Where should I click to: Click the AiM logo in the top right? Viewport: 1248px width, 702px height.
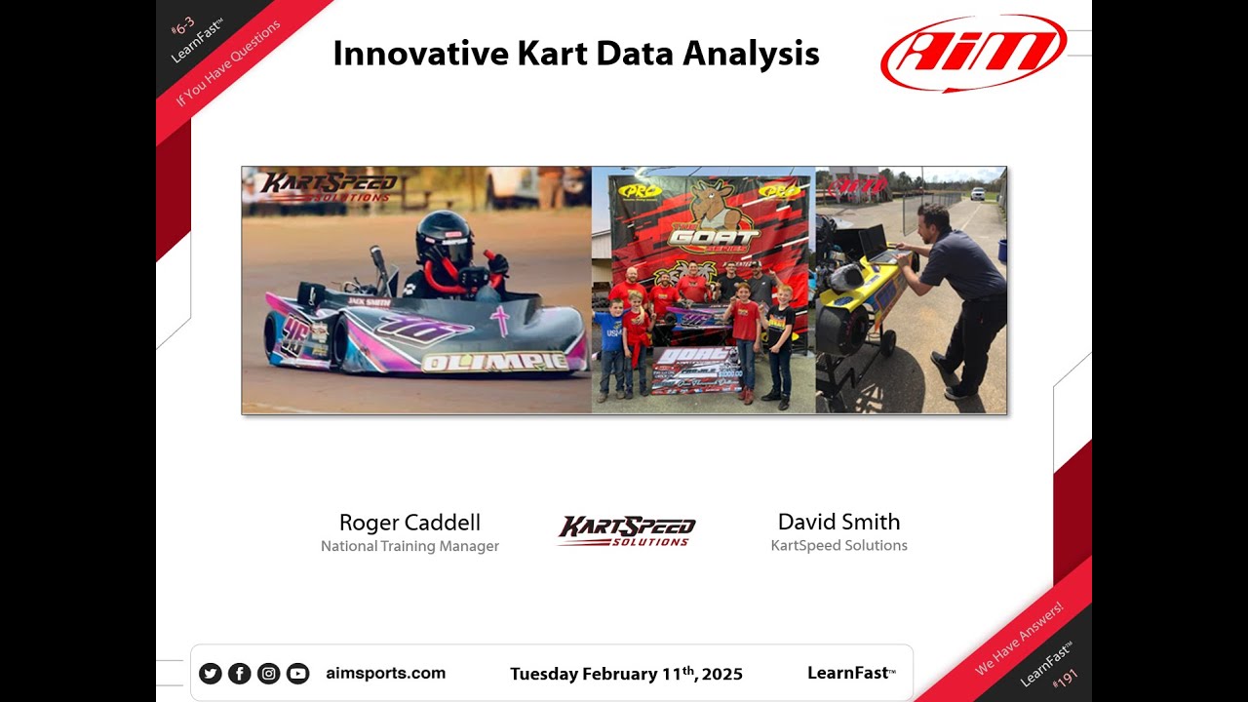[x=973, y=53]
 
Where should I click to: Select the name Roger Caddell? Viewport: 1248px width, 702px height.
[x=409, y=522]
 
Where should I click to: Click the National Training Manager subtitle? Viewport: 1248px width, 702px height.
[x=409, y=546]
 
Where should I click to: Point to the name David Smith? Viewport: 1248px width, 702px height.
[x=838, y=522]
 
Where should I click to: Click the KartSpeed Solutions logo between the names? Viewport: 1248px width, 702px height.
[x=626, y=530]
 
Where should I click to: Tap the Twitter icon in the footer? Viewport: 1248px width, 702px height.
[x=210, y=673]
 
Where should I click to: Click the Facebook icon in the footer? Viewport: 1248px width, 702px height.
[x=239, y=673]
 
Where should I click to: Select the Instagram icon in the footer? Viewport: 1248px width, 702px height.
[x=268, y=673]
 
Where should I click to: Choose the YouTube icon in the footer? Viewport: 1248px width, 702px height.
[x=297, y=673]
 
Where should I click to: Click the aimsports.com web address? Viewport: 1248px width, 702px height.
[x=385, y=673]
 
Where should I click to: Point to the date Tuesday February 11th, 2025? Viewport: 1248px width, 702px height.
[x=626, y=674]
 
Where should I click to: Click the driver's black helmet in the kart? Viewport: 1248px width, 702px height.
[x=444, y=237]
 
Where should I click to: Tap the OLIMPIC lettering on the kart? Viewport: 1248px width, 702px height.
[x=494, y=363]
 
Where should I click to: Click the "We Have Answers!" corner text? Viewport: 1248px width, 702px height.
[x=1019, y=639]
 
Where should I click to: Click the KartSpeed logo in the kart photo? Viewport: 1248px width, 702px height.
[x=329, y=185]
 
